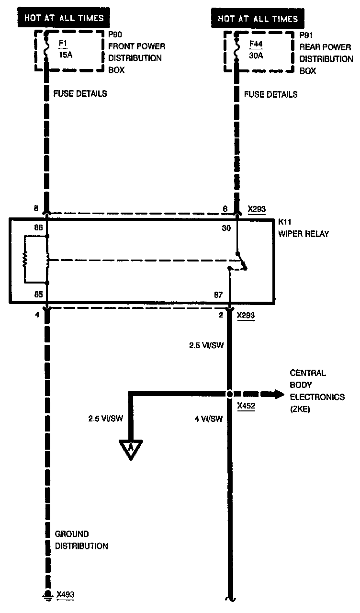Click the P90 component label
115,35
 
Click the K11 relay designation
285,222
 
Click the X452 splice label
246,405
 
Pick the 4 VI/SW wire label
209,419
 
